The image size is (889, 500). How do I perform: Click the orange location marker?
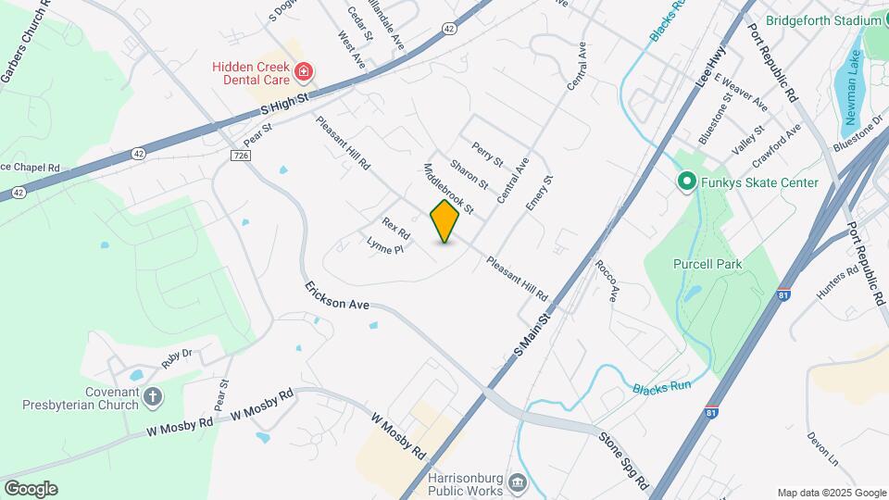point(444,221)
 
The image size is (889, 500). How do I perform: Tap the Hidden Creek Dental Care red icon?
point(303,71)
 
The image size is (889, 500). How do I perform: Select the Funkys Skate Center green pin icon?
point(686,182)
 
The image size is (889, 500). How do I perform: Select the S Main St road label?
point(532,335)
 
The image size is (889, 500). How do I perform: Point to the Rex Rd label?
point(395,229)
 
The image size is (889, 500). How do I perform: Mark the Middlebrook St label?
point(448,189)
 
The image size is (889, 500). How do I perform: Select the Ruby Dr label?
point(176,358)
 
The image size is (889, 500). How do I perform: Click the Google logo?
point(31,488)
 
